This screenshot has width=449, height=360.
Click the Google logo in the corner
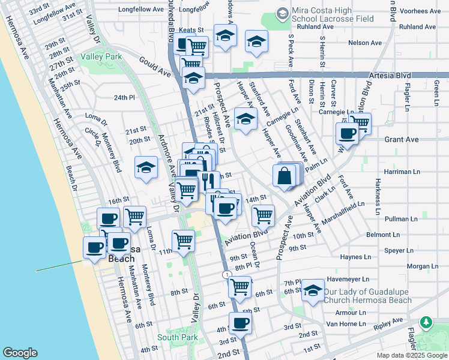click(20, 353)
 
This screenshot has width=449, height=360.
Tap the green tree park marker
click(427, 322)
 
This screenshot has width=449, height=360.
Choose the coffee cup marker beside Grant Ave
click(347, 134)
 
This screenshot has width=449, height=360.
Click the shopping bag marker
click(284, 176)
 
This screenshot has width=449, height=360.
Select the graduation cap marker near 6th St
click(312, 291)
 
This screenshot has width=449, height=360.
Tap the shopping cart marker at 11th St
click(183, 241)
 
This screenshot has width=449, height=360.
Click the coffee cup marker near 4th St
click(241, 323)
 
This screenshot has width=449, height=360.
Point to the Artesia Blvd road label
click(408, 74)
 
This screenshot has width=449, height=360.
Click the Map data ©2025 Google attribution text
click(411, 355)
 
